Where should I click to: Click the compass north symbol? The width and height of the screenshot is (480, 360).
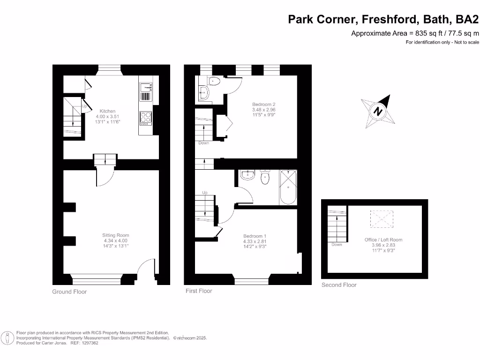(378, 112)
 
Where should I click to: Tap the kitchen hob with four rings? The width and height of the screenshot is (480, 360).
(145, 117)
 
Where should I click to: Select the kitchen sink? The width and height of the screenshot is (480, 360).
(146, 87)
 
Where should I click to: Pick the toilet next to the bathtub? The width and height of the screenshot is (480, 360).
(265, 177)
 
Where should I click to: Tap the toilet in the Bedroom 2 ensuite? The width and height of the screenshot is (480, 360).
(214, 81)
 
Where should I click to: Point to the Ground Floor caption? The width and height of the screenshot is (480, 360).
(69, 292)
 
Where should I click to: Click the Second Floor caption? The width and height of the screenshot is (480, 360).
(339, 285)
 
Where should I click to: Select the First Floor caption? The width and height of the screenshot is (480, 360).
(199, 291)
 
